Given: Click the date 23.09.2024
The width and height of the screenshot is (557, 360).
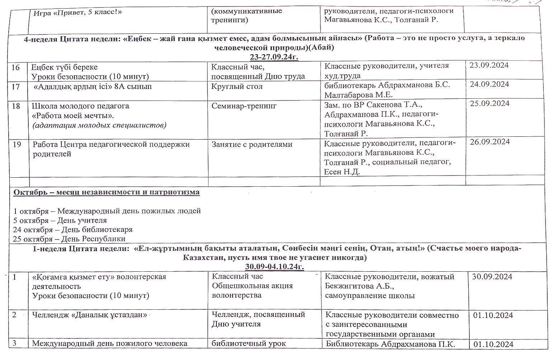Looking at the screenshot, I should pyautogui.click(x=489, y=65).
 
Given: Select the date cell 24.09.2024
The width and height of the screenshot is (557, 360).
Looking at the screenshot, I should pyautogui.click(x=489, y=84).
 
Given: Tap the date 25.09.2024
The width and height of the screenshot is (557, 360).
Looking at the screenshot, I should pyautogui.click(x=490, y=103).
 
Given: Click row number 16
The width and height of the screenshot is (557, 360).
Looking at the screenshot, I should pyautogui.click(x=16, y=67).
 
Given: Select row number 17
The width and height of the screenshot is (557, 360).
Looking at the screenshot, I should pyautogui.click(x=16, y=87).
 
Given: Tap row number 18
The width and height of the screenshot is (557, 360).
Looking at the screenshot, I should pyautogui.click(x=16, y=106).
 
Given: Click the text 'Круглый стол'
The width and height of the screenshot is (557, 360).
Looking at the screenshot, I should pyautogui.click(x=237, y=87).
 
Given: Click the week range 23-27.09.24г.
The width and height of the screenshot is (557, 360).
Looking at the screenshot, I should pyautogui.click(x=274, y=57).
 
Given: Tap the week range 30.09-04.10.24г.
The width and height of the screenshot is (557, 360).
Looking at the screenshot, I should pyautogui.click(x=275, y=267).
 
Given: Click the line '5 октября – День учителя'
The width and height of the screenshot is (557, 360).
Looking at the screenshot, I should pyautogui.click(x=60, y=220).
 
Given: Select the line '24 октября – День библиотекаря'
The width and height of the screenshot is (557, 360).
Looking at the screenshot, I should pyautogui.click(x=73, y=230).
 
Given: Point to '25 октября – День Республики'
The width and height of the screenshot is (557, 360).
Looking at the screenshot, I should pyautogui.click(x=69, y=239).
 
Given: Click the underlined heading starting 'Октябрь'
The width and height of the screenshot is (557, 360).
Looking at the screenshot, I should pyautogui.click(x=107, y=192).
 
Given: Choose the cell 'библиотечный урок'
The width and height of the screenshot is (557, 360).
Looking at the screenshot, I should pyautogui.click(x=249, y=343).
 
